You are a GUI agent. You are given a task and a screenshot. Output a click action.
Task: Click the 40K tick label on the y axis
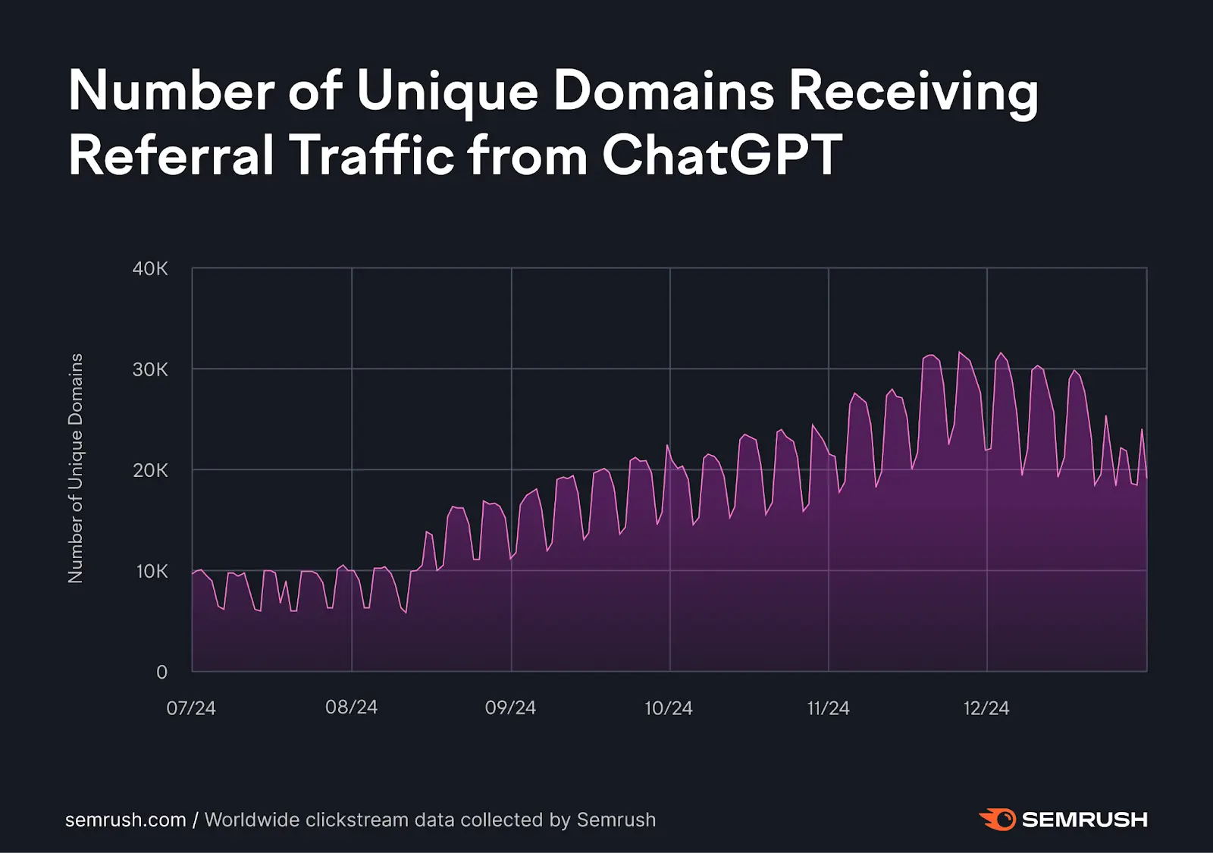(150, 269)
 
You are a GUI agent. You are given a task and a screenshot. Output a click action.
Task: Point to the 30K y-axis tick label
(150, 370)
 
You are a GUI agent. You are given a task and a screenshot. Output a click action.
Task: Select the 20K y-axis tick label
(150, 471)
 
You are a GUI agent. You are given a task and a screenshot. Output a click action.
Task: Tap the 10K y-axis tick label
(152, 572)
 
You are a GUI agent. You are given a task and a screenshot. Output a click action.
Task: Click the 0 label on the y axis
(161, 673)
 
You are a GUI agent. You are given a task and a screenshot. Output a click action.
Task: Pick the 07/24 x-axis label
(191, 709)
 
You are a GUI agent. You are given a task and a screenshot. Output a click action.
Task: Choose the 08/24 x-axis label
(351, 707)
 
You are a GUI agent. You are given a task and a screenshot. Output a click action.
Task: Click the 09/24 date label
(510, 708)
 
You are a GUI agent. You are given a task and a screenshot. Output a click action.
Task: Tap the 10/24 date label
(669, 709)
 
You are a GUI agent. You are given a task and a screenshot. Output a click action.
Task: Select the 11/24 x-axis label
(828, 709)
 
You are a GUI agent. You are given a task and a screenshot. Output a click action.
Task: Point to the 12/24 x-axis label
(986, 709)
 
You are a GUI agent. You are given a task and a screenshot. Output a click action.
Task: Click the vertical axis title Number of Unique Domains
(76, 468)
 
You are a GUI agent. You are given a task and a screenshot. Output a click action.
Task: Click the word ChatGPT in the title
(722, 155)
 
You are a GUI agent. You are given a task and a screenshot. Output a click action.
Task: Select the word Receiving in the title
(913, 92)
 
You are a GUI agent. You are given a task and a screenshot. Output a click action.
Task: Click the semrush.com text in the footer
(125, 820)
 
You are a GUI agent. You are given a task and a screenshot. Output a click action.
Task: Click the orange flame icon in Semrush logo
(998, 820)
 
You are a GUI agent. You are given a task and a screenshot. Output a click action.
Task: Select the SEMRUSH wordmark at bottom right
(1084, 820)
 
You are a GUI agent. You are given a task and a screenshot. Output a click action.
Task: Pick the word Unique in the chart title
(447, 92)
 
